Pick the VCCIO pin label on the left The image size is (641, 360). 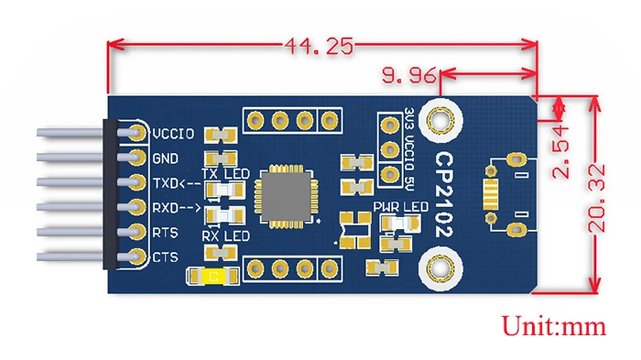point(173,134)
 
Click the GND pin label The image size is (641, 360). point(166,158)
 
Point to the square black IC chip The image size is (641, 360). point(285,195)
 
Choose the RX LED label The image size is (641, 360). point(225,237)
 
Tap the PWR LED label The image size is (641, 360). point(400,207)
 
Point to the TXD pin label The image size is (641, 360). point(173,181)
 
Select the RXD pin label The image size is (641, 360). point(173,206)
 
